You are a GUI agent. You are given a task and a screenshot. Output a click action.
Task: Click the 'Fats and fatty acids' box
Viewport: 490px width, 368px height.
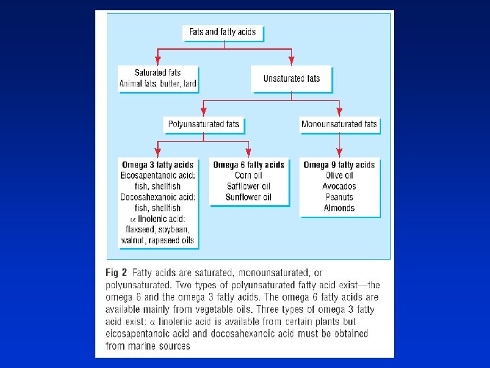[x=223, y=32]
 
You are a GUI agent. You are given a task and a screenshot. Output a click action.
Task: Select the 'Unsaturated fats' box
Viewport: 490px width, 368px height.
[x=291, y=78]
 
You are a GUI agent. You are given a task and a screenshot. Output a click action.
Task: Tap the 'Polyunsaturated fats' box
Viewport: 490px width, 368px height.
[x=203, y=125]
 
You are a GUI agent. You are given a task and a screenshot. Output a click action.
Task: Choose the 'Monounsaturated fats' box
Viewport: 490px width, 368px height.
[x=339, y=124]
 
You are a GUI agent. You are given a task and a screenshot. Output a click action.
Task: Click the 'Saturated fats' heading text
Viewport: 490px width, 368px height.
[x=157, y=72]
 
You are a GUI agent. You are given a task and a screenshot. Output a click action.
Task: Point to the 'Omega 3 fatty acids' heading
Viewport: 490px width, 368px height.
[x=157, y=164]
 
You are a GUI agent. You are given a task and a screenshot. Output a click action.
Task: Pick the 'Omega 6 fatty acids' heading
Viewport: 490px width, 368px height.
[x=248, y=164]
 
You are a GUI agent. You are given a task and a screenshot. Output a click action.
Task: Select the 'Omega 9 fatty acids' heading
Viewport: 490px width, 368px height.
[x=339, y=164]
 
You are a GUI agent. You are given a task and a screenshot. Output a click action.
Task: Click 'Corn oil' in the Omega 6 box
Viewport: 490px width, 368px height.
[x=248, y=175]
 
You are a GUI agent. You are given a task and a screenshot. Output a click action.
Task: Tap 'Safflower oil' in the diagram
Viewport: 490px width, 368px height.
[x=248, y=186]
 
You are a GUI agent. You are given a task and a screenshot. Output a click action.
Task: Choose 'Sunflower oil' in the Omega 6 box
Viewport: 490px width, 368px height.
[x=248, y=197]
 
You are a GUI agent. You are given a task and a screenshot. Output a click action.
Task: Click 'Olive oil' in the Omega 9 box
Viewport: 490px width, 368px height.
[x=339, y=175]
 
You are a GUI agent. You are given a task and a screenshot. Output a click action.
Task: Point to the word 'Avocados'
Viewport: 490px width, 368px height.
[x=339, y=186]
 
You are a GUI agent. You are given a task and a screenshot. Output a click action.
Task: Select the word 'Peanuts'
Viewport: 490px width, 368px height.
[x=339, y=197]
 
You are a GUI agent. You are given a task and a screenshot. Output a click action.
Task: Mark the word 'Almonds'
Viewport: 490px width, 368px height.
[x=339, y=208]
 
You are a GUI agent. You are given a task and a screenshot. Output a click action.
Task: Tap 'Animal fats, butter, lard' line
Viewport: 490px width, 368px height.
[x=157, y=84]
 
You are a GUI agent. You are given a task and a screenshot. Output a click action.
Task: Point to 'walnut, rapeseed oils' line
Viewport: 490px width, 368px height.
[x=157, y=240]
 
